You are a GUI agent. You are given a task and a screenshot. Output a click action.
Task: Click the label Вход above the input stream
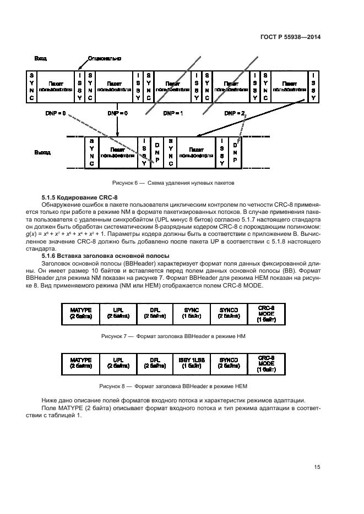pos(40,58)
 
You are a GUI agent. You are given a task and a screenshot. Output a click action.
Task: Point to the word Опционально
pos(105,58)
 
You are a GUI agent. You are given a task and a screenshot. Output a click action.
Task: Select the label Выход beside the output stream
pos(42,152)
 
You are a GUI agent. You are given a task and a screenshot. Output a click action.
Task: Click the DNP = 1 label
pos(173,113)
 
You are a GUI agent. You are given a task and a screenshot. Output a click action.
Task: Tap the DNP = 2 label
pos(235,113)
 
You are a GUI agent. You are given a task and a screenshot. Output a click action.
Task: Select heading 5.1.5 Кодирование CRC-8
pos(84,197)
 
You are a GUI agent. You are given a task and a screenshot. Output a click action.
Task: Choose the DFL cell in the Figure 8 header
pos(155,363)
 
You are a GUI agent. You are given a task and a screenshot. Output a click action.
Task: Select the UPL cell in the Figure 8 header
pos(118,363)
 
